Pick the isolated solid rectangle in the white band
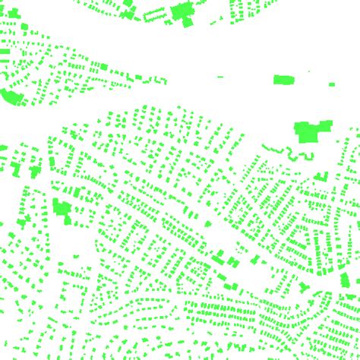[283, 79]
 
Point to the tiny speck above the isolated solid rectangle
[310, 71]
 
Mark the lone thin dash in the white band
[220, 77]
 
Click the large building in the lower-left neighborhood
[60, 206]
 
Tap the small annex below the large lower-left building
[69, 221]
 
